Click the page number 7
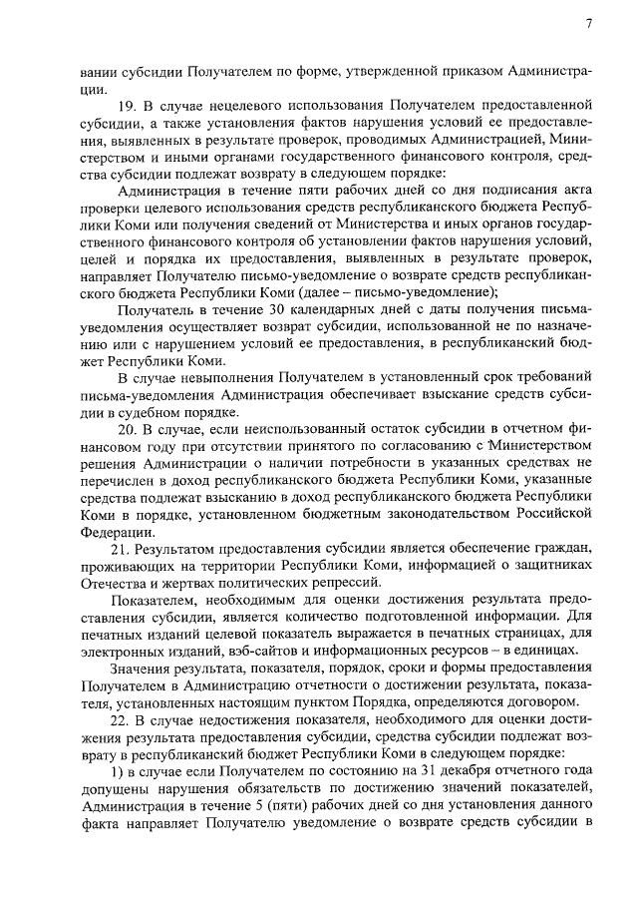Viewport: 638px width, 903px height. click(x=589, y=24)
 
